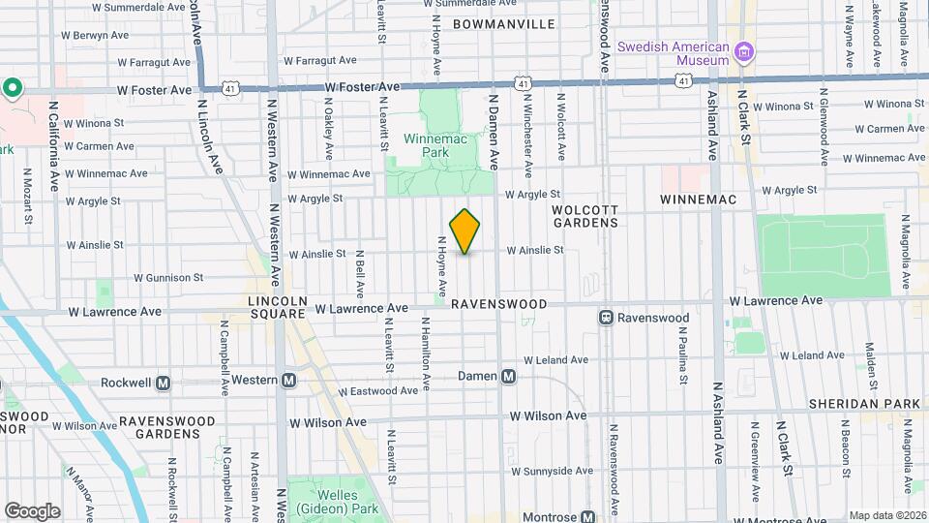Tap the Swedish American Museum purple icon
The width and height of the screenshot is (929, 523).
pos(744,50)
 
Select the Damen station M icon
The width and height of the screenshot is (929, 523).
pos(508,376)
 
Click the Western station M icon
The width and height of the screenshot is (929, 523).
pos(288,382)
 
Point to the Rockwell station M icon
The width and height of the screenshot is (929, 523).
pos(163,383)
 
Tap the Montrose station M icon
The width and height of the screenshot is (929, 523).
pos(586,517)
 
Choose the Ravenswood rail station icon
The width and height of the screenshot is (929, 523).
pos(606,318)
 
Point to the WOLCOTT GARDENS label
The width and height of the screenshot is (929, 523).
pos(584,215)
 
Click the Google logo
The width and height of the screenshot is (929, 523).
pos(32,511)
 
